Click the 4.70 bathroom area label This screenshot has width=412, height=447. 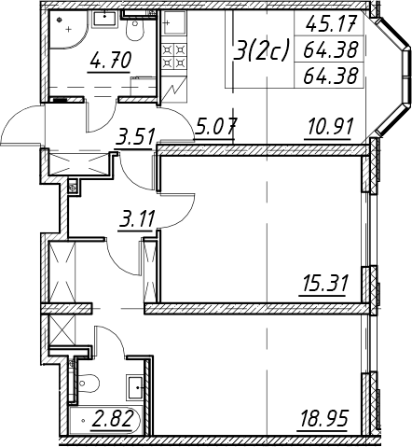pos(110,61)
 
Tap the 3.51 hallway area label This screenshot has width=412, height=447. pos(134,137)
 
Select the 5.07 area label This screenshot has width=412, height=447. pos(215,127)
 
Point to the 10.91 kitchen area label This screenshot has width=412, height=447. pos(330,127)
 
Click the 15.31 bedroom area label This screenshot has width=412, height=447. pos(323,282)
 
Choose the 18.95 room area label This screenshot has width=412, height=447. pos(323,418)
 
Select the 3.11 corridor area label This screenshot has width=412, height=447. pos(136,218)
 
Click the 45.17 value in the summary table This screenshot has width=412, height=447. pos(330,24)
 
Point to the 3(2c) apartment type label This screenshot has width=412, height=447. pos(262,49)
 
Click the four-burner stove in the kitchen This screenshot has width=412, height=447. pos(174,56)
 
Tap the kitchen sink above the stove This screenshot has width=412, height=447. pos(174,22)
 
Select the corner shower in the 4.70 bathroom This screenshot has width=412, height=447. pos(68,30)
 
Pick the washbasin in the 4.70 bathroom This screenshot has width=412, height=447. pos(105,19)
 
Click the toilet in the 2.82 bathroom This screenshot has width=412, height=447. pos(87,383)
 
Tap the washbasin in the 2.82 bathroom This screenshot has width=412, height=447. pos(135,387)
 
